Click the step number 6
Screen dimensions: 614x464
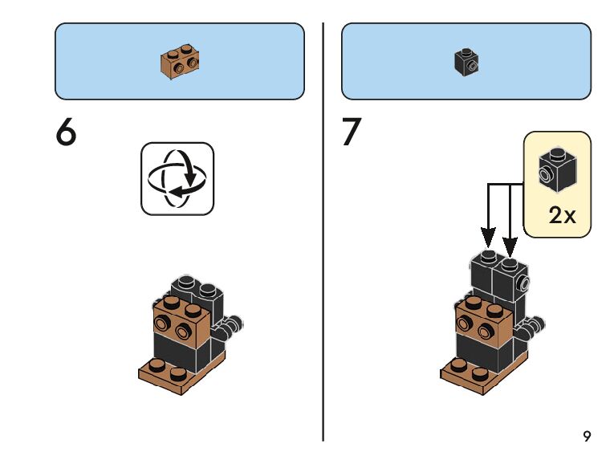[67, 133]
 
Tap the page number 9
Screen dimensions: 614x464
[587, 437]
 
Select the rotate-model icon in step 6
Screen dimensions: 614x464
[177, 179]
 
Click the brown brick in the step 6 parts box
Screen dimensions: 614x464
[180, 63]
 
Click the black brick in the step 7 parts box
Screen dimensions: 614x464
[466, 63]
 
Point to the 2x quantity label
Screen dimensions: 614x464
[562, 216]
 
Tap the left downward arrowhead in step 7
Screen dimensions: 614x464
[488, 238]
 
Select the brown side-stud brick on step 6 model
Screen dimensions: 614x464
[181, 321]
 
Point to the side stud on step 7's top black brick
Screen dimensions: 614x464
[525, 282]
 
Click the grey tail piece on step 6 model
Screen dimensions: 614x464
[233, 326]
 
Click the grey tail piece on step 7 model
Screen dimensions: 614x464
[534, 325]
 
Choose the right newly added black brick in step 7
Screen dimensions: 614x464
[511, 281]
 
